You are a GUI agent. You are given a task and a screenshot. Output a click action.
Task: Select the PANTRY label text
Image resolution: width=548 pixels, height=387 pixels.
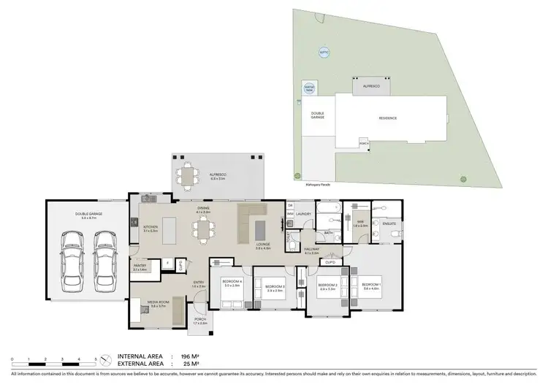click(x=140, y=267)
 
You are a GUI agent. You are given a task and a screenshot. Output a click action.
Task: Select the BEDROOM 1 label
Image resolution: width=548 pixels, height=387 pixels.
click(x=370, y=285)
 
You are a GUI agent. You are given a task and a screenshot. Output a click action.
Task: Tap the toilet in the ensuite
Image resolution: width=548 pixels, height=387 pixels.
click(x=395, y=234)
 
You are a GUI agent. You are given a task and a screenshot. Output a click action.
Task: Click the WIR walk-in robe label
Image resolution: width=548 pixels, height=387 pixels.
click(x=360, y=224)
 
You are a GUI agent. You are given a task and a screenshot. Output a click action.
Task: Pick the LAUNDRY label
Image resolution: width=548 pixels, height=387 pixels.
click(x=305, y=214)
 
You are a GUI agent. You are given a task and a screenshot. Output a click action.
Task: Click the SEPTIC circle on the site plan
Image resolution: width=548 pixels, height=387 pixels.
click(x=324, y=53)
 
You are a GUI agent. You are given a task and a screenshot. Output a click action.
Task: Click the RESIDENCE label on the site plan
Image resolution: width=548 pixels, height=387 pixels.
click(x=387, y=118)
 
